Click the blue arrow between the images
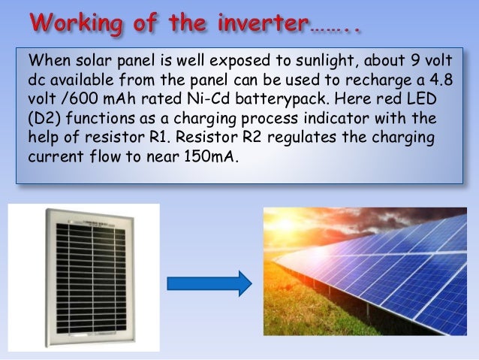(x=209, y=283)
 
